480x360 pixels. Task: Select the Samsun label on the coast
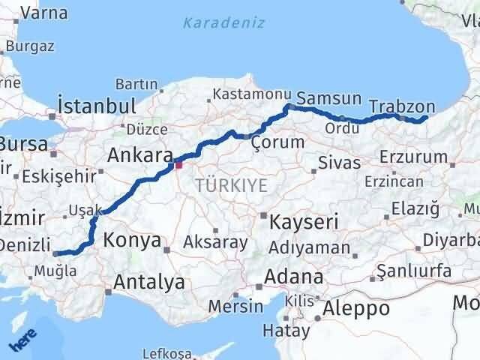pos(328,99)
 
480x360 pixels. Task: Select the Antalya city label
pos(149,283)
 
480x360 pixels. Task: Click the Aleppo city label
pos(356,308)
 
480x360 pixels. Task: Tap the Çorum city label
pos(278,142)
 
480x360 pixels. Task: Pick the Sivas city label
pos(339,162)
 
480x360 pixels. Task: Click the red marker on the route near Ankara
pos(178,163)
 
